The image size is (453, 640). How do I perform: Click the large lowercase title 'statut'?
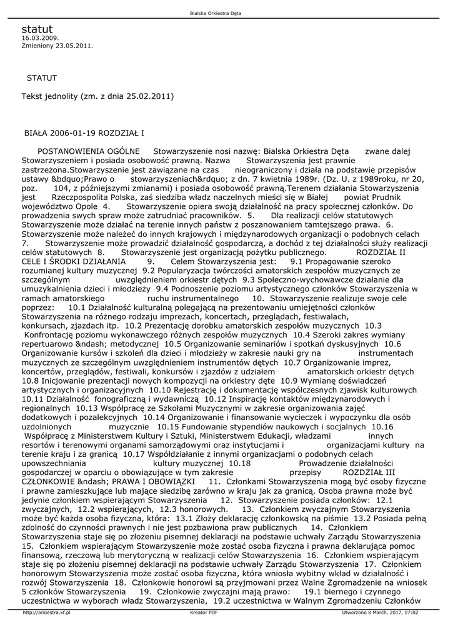(37, 29)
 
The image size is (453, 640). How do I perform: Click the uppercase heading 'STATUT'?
(42, 78)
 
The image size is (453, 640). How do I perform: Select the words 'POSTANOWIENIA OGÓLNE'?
(89, 151)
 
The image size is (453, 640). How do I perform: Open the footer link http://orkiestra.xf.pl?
(46, 612)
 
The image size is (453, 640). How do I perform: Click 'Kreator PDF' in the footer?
(204, 612)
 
